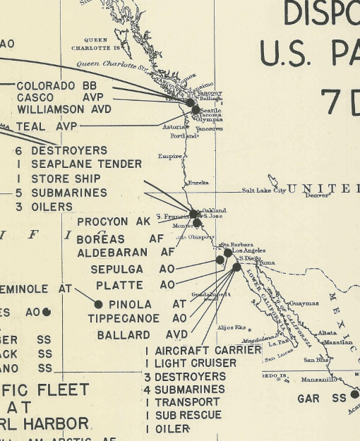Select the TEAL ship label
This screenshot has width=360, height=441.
pyautogui.click(x=32, y=127)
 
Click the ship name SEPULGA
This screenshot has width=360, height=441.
pyautogui.click(x=116, y=270)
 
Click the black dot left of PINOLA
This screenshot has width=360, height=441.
pyautogui.click(x=98, y=304)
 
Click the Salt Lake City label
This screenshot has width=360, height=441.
pyautogui.click(x=263, y=191)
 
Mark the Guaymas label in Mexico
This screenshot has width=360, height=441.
pyautogui.click(x=304, y=303)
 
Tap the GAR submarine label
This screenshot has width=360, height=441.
pyautogui.click(x=308, y=399)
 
